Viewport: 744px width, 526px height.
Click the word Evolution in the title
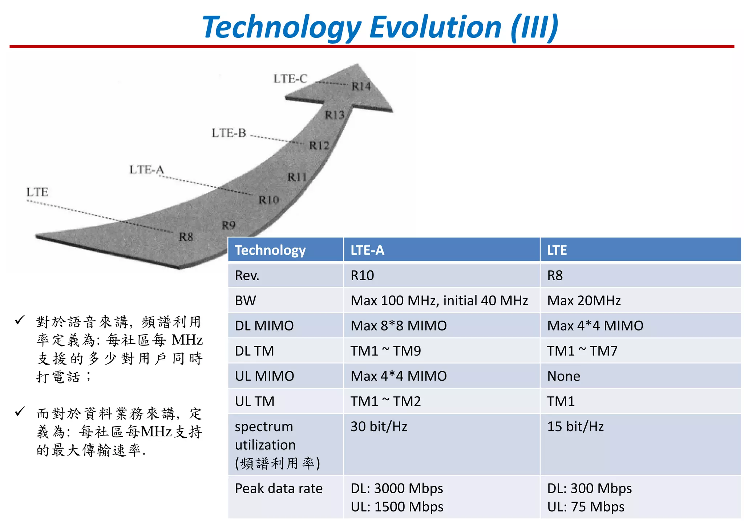pos(435,28)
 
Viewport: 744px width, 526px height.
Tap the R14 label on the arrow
pos(361,86)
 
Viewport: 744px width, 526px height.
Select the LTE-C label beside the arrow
pos(290,79)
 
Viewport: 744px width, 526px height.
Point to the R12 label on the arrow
pos(319,146)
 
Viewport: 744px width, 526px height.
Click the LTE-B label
pos(229,133)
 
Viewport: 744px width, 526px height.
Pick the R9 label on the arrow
pos(229,225)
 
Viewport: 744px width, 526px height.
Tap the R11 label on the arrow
pos(297,177)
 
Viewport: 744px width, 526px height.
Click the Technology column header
pos(270,250)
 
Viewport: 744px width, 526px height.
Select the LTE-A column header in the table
pos(367,250)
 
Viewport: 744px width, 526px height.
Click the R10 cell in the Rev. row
pos(362,276)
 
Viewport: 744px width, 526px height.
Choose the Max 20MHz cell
pos(584,301)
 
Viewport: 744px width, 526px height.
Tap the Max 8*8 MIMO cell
pos(399,326)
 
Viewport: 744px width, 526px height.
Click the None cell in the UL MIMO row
pos(563,376)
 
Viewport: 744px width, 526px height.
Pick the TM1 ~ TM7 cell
pos(582,351)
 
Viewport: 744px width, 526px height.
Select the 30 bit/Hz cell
pos(379,426)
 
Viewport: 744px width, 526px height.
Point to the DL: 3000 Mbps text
pos(397,488)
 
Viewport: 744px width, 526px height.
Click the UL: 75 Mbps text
pos(586,507)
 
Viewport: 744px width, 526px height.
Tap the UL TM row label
pos(254,401)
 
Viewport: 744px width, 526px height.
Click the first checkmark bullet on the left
pos(20,320)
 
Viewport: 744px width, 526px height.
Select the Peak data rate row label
pos(279,488)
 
